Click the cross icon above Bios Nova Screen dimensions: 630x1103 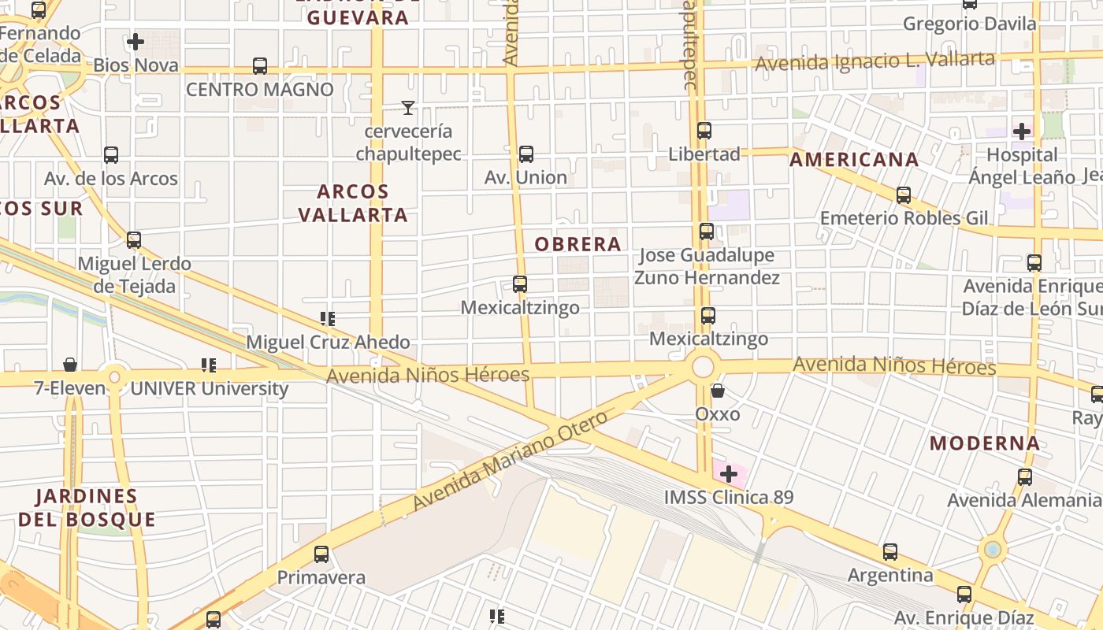pos(136,41)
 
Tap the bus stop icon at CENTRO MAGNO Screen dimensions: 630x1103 pos(260,66)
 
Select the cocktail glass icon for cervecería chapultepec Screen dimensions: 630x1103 pos(407,108)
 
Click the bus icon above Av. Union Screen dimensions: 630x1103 pos(526,154)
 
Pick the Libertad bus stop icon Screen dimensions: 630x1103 pos(704,131)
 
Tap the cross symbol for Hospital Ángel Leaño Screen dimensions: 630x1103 pos(1022,131)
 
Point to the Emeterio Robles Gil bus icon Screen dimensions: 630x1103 pos(904,195)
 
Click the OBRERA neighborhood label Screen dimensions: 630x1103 pos(578,244)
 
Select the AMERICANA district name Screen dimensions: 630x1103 pos(854,160)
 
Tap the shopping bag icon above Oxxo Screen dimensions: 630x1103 pos(718,390)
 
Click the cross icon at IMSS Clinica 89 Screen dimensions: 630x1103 pos(729,474)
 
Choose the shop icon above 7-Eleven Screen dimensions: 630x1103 pos(70,364)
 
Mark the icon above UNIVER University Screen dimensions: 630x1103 pos(208,365)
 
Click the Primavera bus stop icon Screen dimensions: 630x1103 pos(321,554)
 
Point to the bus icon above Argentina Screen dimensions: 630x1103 pos(890,552)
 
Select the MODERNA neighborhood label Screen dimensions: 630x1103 pos(985,443)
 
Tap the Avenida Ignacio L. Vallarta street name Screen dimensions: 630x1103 pos(875,61)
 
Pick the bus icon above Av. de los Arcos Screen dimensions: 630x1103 pos(111,155)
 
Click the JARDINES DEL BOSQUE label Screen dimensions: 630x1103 pos(87,508)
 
